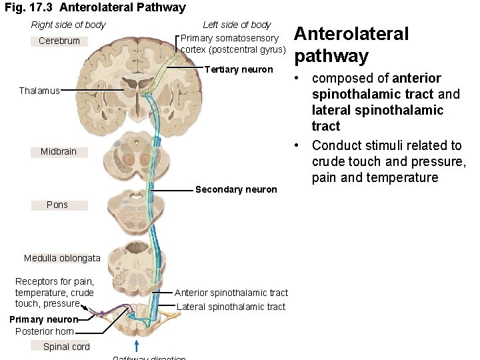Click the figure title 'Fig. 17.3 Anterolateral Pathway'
(x=95, y=8)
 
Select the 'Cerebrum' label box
(x=59, y=41)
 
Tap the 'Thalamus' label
(x=39, y=91)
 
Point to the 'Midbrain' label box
(x=59, y=152)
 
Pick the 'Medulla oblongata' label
(x=62, y=259)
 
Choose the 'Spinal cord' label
(x=66, y=347)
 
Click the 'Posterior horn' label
(x=45, y=331)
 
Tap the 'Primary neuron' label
(x=44, y=319)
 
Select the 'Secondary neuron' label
(x=236, y=190)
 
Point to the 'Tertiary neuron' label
(x=239, y=70)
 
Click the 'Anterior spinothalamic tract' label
(x=231, y=293)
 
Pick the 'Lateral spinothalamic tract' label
(x=231, y=307)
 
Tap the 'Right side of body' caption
(x=68, y=25)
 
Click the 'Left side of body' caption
(x=237, y=25)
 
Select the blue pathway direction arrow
(x=137, y=345)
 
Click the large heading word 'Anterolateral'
(x=351, y=34)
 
